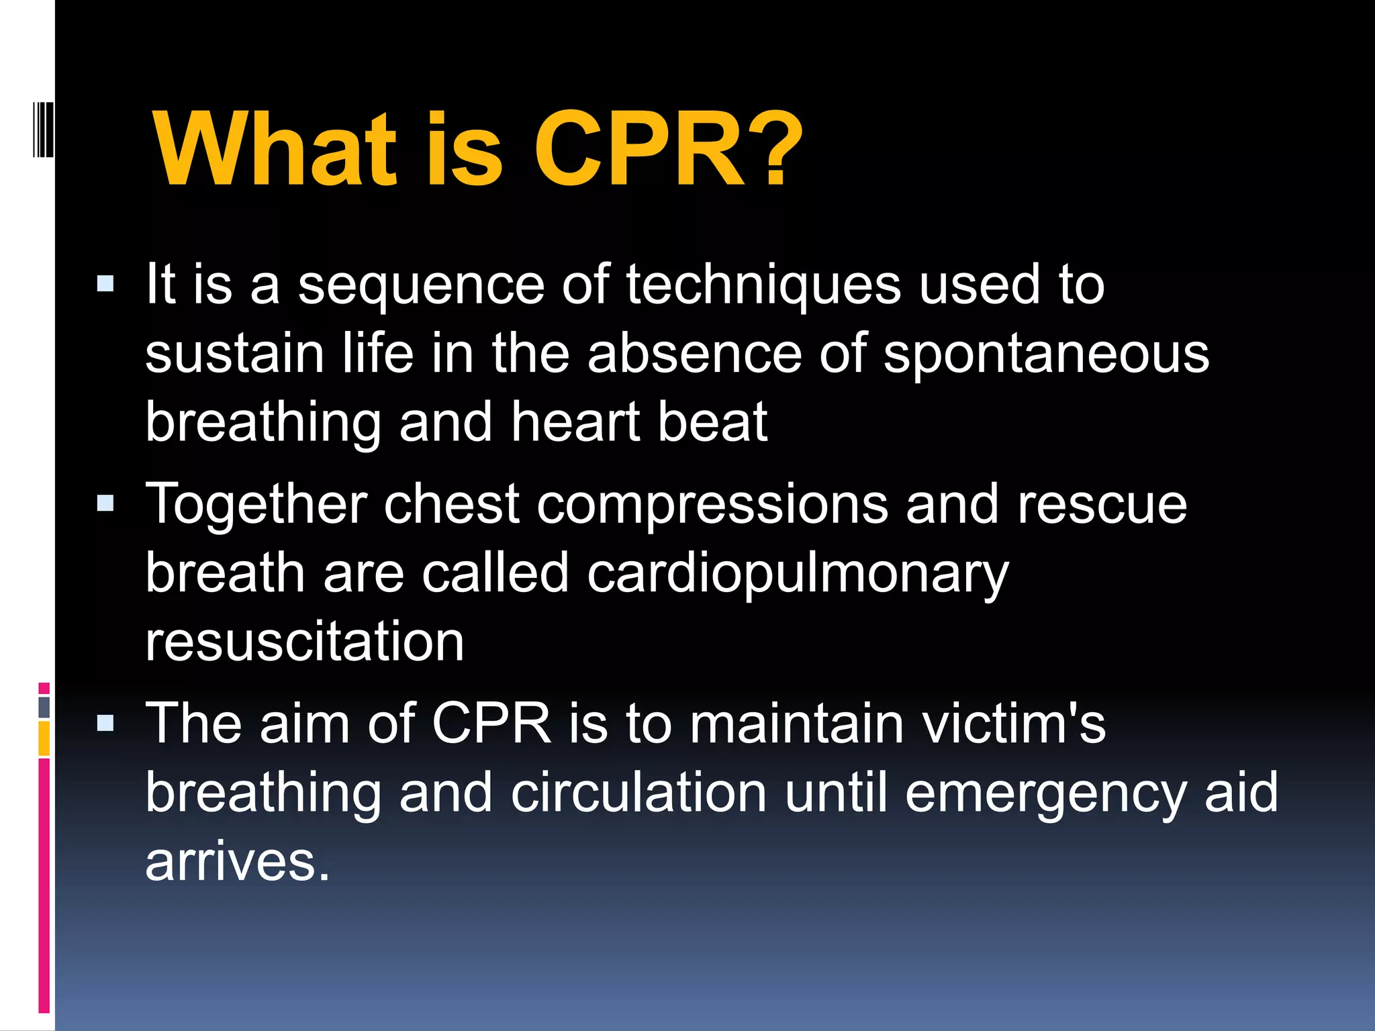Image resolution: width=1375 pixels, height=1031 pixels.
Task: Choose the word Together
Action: pyautogui.click(x=256, y=505)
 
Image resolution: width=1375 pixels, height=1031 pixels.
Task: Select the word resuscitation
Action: pyautogui.click(x=305, y=642)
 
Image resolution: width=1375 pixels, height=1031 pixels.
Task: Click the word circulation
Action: pyautogui.click(x=638, y=793)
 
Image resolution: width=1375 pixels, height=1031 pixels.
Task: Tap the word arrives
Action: pyautogui.click(x=238, y=862)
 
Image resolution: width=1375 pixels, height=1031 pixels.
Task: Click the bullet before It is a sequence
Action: pyautogui.click(x=105, y=284)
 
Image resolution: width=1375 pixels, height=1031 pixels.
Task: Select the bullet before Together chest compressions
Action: pyautogui.click(x=105, y=503)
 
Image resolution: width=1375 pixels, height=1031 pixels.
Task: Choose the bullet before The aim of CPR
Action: pyautogui.click(x=105, y=723)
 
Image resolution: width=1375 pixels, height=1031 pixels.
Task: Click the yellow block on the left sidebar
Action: pyautogui.click(x=44, y=738)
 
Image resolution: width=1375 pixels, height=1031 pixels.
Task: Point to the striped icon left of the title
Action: pyautogui.click(x=43, y=129)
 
